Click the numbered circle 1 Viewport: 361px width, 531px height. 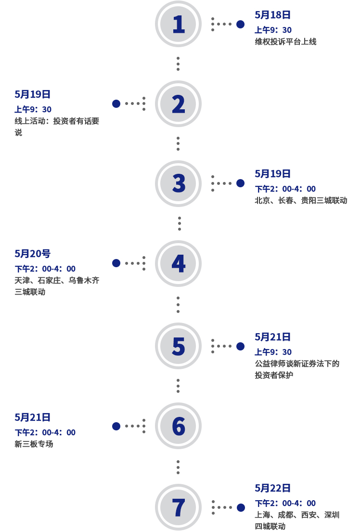178,24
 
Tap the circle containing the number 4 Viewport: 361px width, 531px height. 178,263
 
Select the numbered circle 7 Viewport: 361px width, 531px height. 178,507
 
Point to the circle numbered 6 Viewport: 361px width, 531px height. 178,426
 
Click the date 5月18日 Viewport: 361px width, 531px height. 273,15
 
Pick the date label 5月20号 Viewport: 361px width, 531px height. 32,254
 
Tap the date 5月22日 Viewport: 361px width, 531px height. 273,488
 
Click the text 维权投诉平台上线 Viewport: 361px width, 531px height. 285,42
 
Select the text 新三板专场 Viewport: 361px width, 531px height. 34,444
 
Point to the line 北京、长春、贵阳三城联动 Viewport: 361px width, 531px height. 301,200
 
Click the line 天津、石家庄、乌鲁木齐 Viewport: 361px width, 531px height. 57,280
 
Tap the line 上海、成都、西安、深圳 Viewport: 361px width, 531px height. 297,515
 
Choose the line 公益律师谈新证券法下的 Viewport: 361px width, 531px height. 297,363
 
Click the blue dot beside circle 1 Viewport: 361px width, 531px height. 241,24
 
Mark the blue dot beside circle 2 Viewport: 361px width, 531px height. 116,104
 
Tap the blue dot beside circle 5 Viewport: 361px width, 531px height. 241,346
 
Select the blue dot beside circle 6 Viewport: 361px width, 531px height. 116,426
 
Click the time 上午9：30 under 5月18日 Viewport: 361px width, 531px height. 273,30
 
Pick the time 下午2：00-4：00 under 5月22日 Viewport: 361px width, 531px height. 285,503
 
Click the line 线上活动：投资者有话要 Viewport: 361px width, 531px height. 57,121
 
